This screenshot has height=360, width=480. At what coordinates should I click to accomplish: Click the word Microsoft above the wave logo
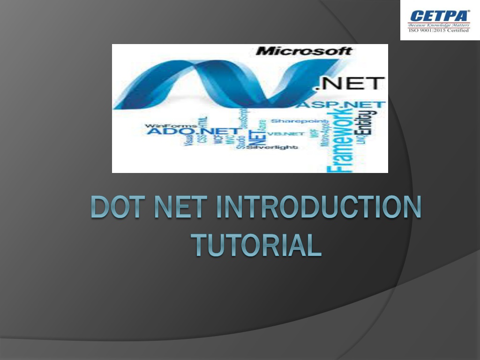tap(303, 51)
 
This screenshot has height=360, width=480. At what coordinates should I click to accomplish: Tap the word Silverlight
tap(272, 147)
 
